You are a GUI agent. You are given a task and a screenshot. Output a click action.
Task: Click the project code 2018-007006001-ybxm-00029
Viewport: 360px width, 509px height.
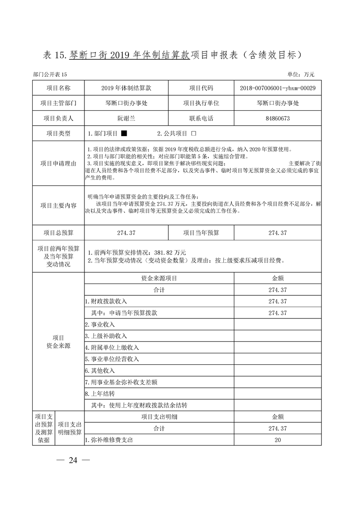(278, 88)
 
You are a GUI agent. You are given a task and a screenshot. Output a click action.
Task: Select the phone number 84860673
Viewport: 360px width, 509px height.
(278, 118)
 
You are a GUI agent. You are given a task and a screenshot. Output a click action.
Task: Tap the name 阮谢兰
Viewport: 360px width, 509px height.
(126, 118)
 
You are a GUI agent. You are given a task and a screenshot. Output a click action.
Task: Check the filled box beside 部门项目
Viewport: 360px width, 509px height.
(124, 134)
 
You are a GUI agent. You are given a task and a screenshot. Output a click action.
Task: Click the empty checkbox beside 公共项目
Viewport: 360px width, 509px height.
(194, 134)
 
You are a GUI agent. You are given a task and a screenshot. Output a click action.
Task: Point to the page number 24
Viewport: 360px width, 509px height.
(73, 460)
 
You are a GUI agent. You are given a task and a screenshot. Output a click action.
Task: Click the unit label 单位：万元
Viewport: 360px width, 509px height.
(301, 74)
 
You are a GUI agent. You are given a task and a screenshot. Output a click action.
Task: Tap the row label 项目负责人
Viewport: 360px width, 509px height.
(58, 118)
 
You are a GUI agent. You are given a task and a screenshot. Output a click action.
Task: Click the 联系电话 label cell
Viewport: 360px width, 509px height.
(201, 118)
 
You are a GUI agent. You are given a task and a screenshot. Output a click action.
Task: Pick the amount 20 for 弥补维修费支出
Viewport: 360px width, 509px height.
(278, 440)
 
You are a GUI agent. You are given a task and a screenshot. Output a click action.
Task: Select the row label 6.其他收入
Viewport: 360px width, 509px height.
(100, 371)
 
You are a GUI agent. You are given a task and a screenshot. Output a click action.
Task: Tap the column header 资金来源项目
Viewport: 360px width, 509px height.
(159, 278)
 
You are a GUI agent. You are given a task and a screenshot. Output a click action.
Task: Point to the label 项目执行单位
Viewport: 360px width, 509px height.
(201, 103)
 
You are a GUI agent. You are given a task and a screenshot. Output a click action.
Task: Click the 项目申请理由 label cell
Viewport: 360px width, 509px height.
(58, 163)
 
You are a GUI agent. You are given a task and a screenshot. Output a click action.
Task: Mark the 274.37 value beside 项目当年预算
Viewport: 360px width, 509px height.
(278, 233)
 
